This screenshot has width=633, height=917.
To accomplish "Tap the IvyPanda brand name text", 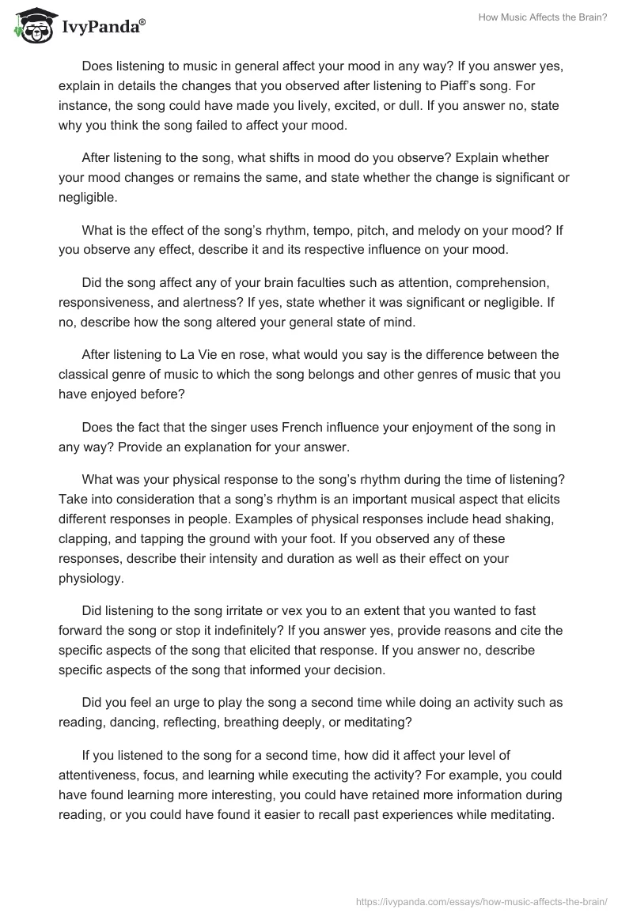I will pyautogui.click(x=102, y=28).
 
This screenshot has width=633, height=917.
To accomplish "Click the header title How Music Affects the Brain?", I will pyautogui.click(x=543, y=17).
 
